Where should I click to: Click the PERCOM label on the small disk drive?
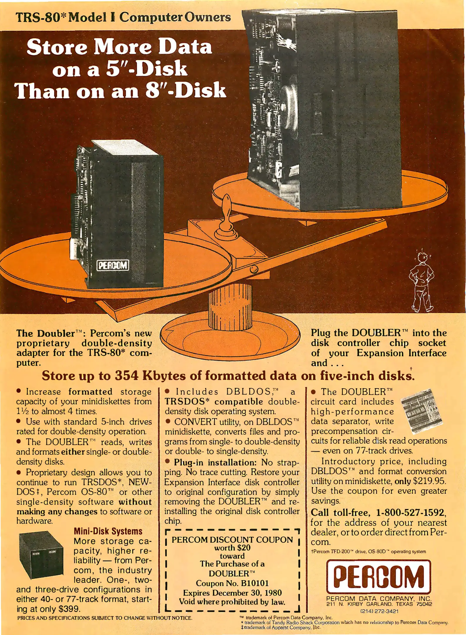click(x=113, y=266)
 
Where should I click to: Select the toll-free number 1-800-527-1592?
click(x=411, y=512)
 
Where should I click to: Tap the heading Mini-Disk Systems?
click(x=108, y=531)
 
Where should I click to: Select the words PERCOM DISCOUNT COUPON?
click(x=232, y=540)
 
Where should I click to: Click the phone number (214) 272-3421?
click(x=379, y=611)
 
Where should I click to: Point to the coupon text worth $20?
click(x=232, y=548)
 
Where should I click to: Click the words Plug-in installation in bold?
click(x=215, y=462)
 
